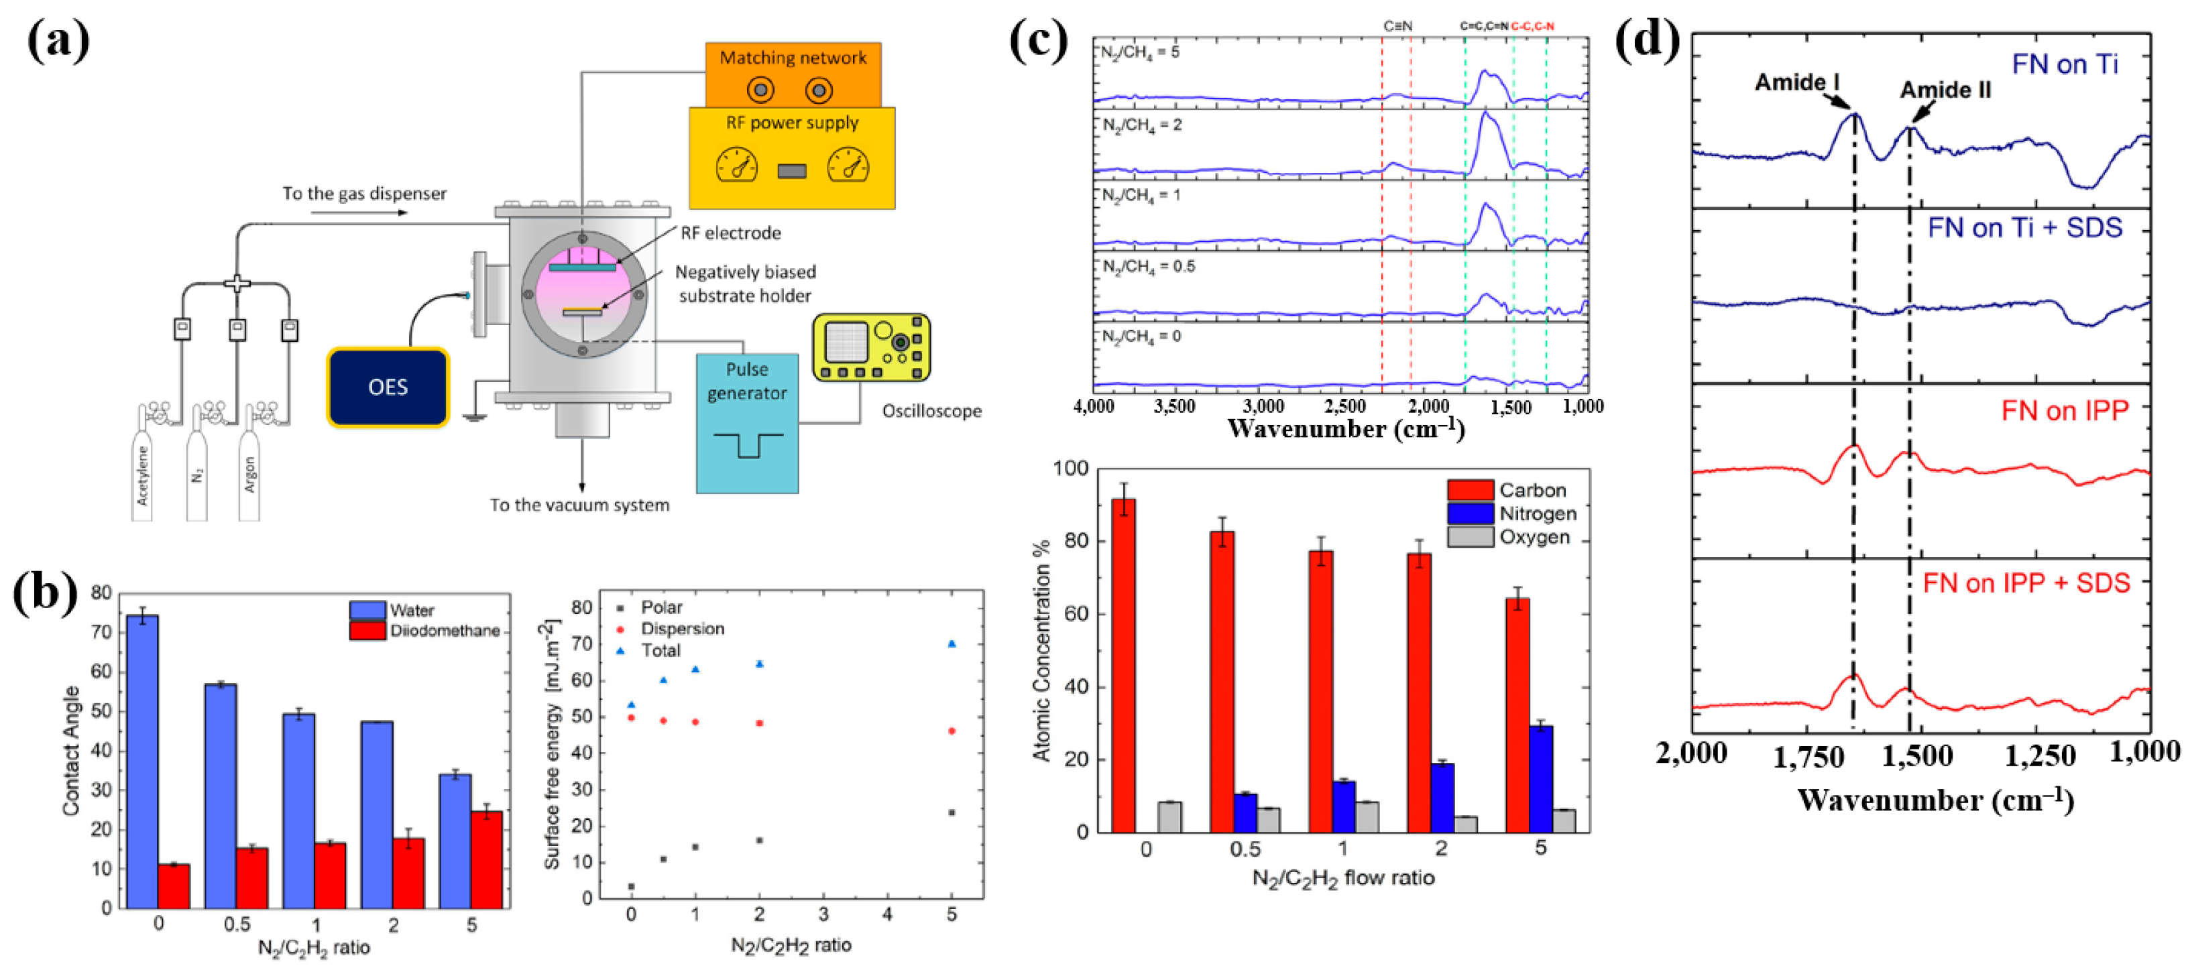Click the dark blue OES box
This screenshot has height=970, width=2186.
388,387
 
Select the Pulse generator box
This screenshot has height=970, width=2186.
747,422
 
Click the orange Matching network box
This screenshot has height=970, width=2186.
793,74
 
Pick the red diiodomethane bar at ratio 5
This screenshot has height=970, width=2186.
487,859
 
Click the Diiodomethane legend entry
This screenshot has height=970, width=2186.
444,631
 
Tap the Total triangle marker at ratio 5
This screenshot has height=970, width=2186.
952,644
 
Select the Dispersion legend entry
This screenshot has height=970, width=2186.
681,629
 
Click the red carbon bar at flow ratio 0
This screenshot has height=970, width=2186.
1124,666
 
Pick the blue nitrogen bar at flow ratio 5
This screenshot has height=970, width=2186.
1541,778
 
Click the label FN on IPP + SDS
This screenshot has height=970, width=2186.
2026,583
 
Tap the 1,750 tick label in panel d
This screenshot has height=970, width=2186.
1808,756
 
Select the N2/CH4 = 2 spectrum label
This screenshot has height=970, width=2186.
1142,125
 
